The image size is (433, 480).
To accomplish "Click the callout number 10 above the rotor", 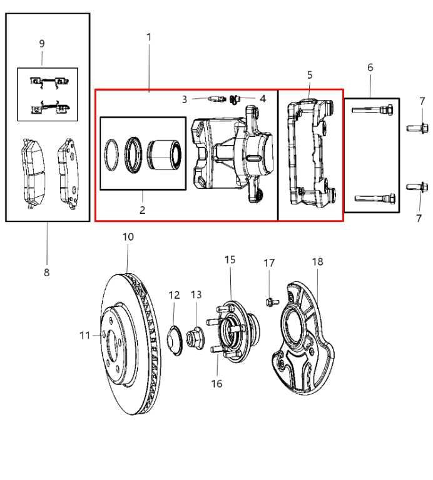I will (x=128, y=237).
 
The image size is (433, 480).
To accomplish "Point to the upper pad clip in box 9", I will (x=48, y=81).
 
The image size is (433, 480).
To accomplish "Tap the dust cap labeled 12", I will (x=176, y=339).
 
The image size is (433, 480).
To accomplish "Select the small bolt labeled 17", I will (x=270, y=302).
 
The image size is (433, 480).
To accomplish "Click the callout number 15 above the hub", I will (x=230, y=259).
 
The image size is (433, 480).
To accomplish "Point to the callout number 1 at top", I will (x=149, y=37).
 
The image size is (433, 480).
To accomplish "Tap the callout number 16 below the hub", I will (x=216, y=384).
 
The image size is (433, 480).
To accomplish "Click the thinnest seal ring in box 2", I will (x=111, y=154).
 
